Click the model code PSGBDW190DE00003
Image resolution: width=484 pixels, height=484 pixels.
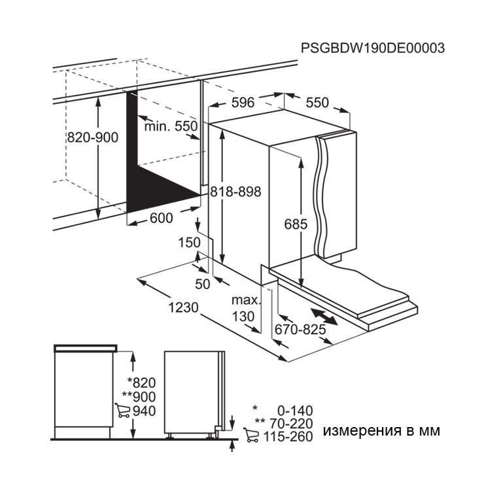click(373, 48)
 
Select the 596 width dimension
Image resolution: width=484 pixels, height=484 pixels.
click(243, 103)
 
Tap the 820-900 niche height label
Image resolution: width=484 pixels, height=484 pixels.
click(93, 137)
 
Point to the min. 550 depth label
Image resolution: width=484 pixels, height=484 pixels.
click(171, 126)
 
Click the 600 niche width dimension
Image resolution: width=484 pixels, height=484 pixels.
click(162, 218)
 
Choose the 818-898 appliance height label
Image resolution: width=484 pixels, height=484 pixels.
click(236, 192)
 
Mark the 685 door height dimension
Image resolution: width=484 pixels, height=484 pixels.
click(296, 224)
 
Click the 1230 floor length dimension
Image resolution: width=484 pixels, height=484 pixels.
click(183, 307)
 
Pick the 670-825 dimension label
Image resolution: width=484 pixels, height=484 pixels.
click(300, 330)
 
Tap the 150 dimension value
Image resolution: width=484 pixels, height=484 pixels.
click(190, 243)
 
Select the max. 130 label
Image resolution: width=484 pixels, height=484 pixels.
click(246, 308)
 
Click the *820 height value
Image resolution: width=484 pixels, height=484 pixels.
click(142, 383)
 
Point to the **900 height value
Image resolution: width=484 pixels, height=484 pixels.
click(139, 397)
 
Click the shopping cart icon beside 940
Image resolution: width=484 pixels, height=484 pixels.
click(122, 410)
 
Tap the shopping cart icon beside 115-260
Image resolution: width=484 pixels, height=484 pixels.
click(251, 435)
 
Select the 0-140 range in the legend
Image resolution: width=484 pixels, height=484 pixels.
click(295, 411)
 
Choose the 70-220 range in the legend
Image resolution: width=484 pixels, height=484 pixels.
click(291, 424)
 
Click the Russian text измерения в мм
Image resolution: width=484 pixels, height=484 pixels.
click(381, 430)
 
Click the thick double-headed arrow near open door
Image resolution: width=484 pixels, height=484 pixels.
click(324, 317)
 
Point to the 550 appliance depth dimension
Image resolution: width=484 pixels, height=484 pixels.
click(317, 103)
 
